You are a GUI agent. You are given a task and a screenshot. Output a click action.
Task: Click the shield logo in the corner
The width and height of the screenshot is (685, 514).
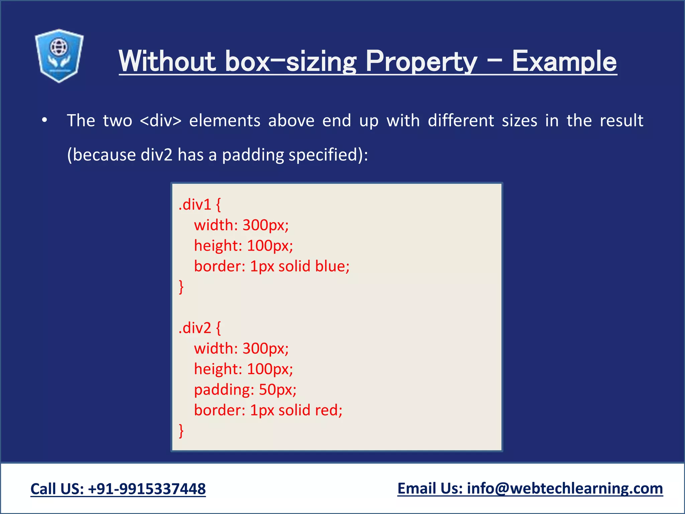[x=59, y=56]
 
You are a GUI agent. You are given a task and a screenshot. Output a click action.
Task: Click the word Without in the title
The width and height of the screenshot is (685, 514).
[x=167, y=61]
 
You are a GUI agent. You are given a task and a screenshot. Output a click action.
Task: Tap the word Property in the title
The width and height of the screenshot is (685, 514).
[x=421, y=61]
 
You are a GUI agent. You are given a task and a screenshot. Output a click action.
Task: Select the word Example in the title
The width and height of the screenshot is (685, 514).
[x=564, y=61]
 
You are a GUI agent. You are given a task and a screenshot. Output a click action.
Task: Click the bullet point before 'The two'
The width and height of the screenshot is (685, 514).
[x=44, y=120]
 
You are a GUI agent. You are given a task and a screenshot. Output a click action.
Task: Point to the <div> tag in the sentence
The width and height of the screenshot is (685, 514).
[x=161, y=120]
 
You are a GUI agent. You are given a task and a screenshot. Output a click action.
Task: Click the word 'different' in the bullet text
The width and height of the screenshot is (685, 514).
[x=461, y=120]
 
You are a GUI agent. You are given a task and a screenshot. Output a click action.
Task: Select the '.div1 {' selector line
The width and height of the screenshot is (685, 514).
[x=200, y=204]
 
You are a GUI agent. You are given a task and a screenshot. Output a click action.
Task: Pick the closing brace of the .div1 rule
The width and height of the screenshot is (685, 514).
[x=181, y=287]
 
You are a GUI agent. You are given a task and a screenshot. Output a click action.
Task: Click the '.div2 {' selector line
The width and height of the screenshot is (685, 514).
[x=200, y=328]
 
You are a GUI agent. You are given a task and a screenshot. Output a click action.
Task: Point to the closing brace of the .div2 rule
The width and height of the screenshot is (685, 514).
[x=181, y=431]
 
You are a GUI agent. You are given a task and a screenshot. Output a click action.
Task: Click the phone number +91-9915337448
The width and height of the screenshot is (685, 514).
[x=147, y=489]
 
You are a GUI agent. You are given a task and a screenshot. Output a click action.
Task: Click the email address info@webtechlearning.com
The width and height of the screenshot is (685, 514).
[x=565, y=489]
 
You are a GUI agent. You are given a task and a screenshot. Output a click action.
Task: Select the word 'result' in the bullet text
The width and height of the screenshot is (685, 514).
[x=621, y=120]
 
